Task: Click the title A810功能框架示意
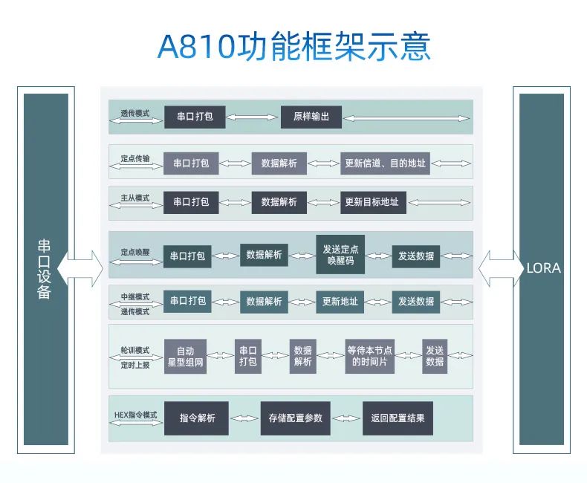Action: pyautogui.click(x=293, y=47)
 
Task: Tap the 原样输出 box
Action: pyautogui.click(x=311, y=117)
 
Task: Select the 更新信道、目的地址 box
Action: pyautogui.click(x=385, y=163)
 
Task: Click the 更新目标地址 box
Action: pyautogui.click(x=371, y=201)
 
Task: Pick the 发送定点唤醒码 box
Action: pyautogui.click(x=341, y=255)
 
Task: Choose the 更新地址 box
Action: pyautogui.click(x=340, y=302)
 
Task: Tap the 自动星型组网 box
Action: pyautogui.click(x=185, y=357)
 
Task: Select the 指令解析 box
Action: pyautogui.click(x=197, y=418)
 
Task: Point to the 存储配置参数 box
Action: pyautogui.click(x=296, y=418)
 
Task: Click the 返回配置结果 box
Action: pyautogui.click(x=398, y=418)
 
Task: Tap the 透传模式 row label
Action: pyautogui.click(x=135, y=114)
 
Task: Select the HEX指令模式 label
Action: pyautogui.click(x=135, y=414)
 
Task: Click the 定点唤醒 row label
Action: pyautogui.click(x=135, y=252)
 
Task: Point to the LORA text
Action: pyautogui.click(x=542, y=268)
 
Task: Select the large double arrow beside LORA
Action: pyautogui.click(x=501, y=268)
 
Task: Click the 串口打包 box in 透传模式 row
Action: pyautogui.click(x=194, y=117)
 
